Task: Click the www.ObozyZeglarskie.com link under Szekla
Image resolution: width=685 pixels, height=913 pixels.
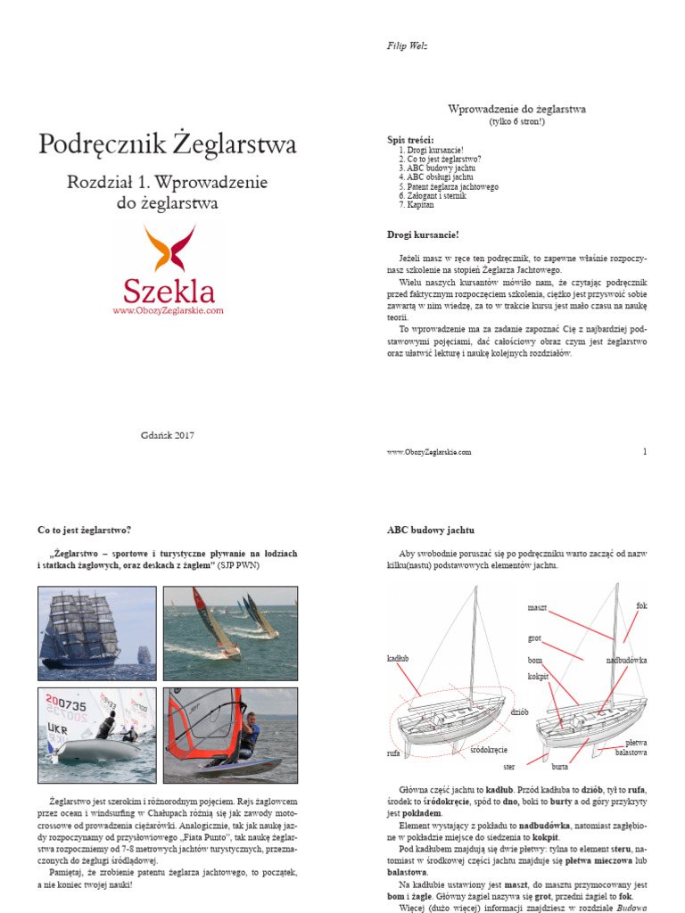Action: click(x=168, y=310)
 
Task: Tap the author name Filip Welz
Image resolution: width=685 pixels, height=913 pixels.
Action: click(x=407, y=46)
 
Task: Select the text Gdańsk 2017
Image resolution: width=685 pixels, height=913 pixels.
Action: click(x=167, y=435)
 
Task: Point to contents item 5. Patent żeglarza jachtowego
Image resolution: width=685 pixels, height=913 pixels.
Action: click(x=449, y=187)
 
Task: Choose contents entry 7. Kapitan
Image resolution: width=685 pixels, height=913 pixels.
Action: click(x=417, y=205)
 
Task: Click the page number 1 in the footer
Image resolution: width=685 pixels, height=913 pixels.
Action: click(x=644, y=451)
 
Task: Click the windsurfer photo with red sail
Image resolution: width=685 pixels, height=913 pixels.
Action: click(x=230, y=733)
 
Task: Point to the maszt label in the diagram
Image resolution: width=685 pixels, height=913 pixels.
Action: click(x=537, y=607)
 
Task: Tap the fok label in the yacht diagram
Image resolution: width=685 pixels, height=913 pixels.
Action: click(x=641, y=605)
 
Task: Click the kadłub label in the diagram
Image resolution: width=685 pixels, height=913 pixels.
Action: click(x=398, y=659)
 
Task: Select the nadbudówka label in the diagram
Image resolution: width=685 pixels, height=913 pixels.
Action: click(x=626, y=661)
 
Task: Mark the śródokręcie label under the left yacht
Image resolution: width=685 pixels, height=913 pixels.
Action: click(x=489, y=752)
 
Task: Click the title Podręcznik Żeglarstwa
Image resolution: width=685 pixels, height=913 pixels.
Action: click(x=167, y=144)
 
